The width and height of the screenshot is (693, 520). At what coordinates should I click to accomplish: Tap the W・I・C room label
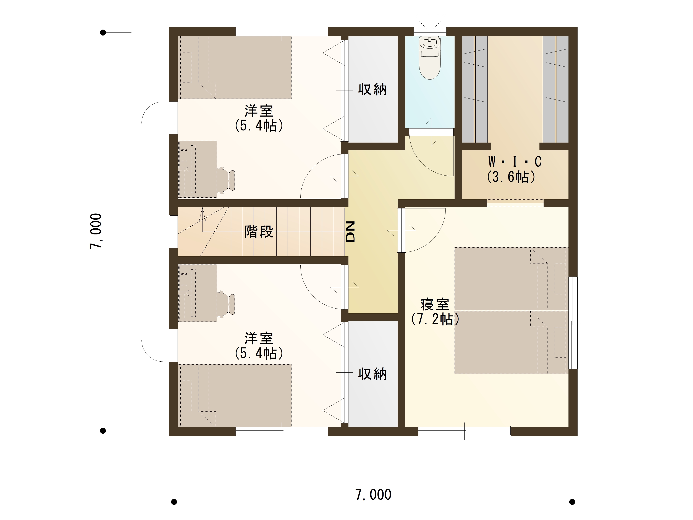[515, 162]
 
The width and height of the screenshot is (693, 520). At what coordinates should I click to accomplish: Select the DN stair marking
[350, 232]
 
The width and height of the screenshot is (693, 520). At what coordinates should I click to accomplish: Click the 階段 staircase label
[259, 232]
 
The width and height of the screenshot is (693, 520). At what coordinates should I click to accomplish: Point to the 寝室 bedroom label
[435, 304]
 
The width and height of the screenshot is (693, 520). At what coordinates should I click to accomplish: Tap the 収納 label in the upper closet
[372, 89]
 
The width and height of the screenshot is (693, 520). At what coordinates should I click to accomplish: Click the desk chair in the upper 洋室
[226, 180]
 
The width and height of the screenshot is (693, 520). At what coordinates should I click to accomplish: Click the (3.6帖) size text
[511, 177]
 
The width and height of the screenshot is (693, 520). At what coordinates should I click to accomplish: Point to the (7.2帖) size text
[435, 319]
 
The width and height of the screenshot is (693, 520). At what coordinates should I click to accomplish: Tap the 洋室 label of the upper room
[259, 111]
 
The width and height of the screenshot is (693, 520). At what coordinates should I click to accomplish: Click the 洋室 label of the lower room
[259, 338]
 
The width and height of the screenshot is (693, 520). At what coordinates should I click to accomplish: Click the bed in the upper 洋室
[235, 67]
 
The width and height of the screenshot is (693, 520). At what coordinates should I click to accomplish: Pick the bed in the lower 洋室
[235, 396]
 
